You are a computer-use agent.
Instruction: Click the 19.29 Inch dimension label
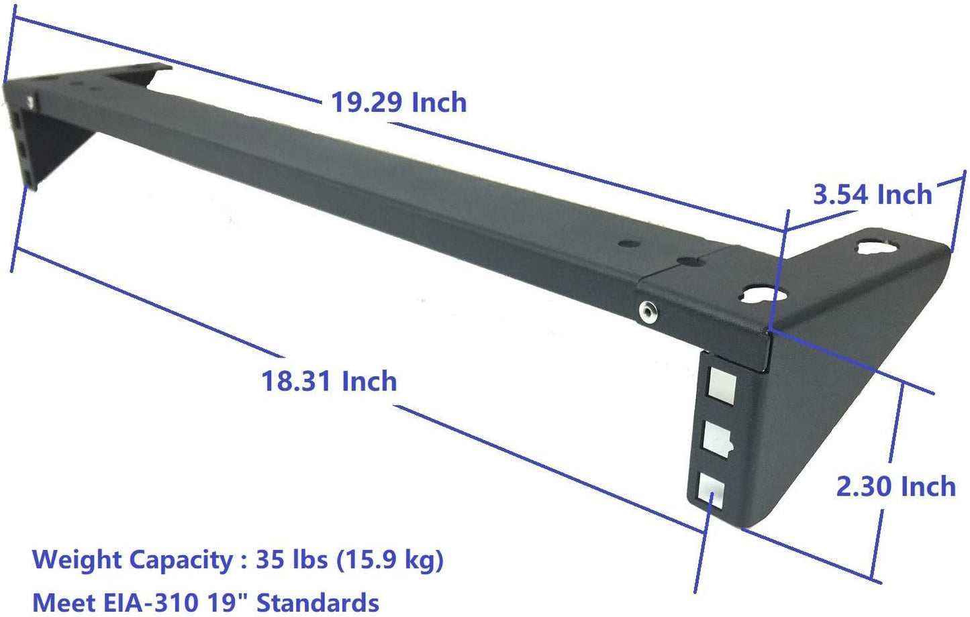pos(399,103)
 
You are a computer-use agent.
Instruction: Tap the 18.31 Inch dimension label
pos(328,382)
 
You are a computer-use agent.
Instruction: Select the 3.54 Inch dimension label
pos(872,194)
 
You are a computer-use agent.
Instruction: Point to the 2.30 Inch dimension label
pos(895,486)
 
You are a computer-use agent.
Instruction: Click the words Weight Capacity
pos(132,559)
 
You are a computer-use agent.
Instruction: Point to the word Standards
pos(318,602)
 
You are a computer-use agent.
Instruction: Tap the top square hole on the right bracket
pos(721,388)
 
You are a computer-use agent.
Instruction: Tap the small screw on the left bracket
pos(31,101)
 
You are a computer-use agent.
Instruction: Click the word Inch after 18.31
pos(369,382)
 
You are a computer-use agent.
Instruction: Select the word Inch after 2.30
pos(928,486)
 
